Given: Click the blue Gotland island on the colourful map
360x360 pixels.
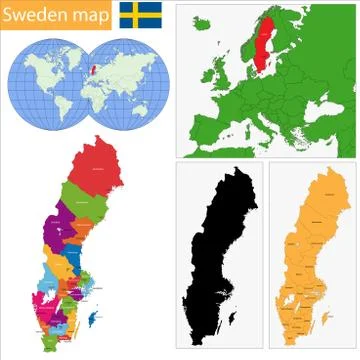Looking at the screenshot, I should click(92, 318).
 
